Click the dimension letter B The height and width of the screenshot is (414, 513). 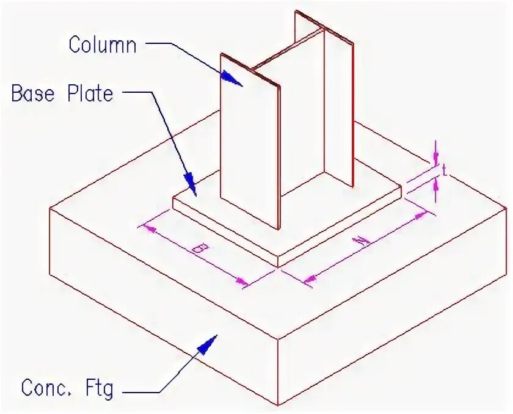(197, 249)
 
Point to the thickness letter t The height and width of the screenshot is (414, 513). (445, 172)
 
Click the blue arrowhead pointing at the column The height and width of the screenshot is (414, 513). (230, 78)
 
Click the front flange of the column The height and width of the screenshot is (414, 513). (249, 140)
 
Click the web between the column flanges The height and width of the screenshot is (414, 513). (302, 122)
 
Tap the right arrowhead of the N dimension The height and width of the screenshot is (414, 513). (421, 216)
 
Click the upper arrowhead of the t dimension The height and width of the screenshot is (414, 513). (435, 158)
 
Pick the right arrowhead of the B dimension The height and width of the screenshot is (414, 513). (243, 281)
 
